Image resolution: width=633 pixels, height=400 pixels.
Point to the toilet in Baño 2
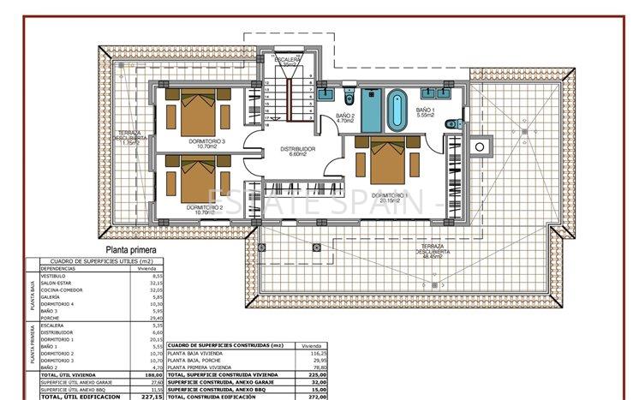[x=349, y=93]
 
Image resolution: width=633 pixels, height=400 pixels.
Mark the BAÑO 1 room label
[x=426, y=111]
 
